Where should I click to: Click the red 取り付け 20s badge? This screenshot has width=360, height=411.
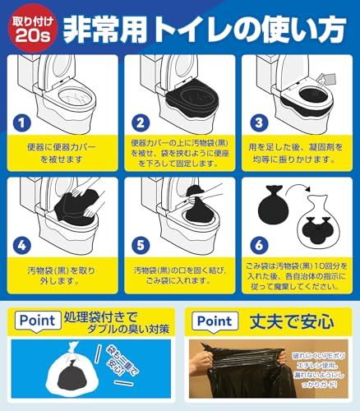pyautogui.click(x=28, y=25)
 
